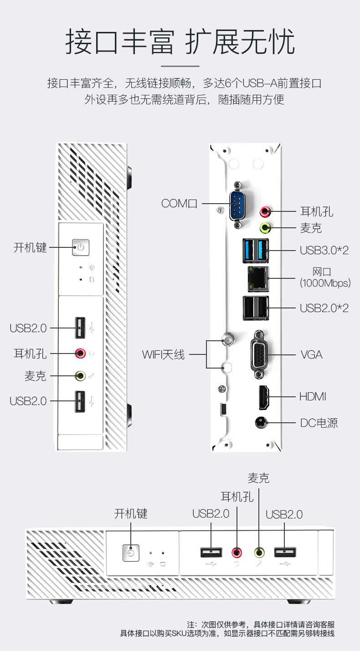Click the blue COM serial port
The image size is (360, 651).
click(237, 205)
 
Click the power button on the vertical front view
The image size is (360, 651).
click(81, 247)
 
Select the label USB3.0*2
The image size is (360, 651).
click(324, 250)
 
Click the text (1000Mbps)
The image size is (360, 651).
click(325, 283)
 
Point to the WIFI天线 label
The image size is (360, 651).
click(163, 354)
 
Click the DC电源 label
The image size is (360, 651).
click(319, 423)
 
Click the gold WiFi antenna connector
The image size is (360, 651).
click(226, 340)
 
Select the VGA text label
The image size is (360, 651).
click(311, 354)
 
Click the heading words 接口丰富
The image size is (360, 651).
click(120, 42)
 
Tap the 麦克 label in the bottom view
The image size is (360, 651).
click(258, 478)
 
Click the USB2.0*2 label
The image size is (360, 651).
click(324, 308)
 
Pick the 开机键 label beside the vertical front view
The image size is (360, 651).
click(30, 248)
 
